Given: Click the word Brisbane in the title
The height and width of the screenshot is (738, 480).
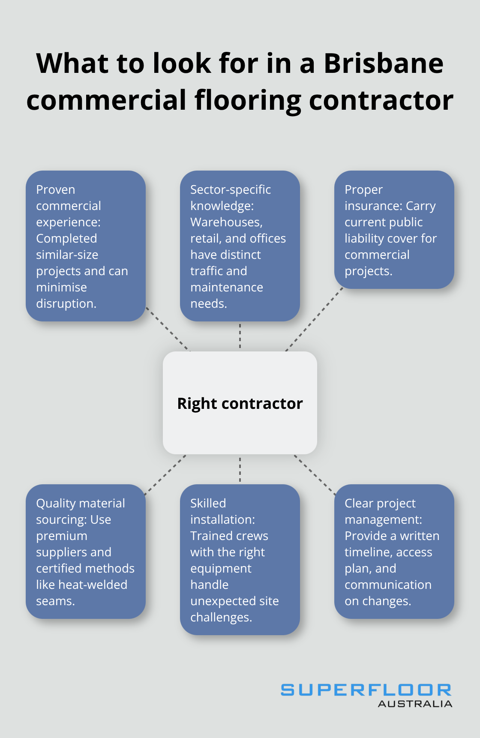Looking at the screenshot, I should (x=383, y=63).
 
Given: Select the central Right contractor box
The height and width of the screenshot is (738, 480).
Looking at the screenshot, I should (x=240, y=403).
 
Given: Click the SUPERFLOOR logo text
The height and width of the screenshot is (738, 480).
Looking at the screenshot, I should (x=366, y=690).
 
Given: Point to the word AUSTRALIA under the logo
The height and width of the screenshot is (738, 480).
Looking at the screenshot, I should (x=415, y=704).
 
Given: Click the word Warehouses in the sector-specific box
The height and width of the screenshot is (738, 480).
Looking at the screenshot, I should (x=226, y=222).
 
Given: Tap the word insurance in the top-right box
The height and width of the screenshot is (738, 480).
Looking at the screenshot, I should (x=373, y=206).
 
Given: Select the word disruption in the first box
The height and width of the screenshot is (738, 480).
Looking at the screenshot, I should (x=66, y=304).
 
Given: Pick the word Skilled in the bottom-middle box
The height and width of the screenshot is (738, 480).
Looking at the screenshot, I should (x=208, y=503).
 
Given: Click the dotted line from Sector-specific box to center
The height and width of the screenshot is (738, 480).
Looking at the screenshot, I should (x=240, y=336).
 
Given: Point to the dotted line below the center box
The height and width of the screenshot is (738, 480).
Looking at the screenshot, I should (x=240, y=469).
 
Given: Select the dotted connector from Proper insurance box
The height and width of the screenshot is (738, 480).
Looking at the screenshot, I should (x=315, y=319).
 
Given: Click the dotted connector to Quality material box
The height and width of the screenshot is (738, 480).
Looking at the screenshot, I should (x=165, y=474).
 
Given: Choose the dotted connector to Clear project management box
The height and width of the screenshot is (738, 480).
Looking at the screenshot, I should (x=315, y=474).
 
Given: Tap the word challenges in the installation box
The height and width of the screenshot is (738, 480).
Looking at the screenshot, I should (x=221, y=617).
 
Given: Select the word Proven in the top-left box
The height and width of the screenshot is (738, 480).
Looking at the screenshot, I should (x=56, y=189).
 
